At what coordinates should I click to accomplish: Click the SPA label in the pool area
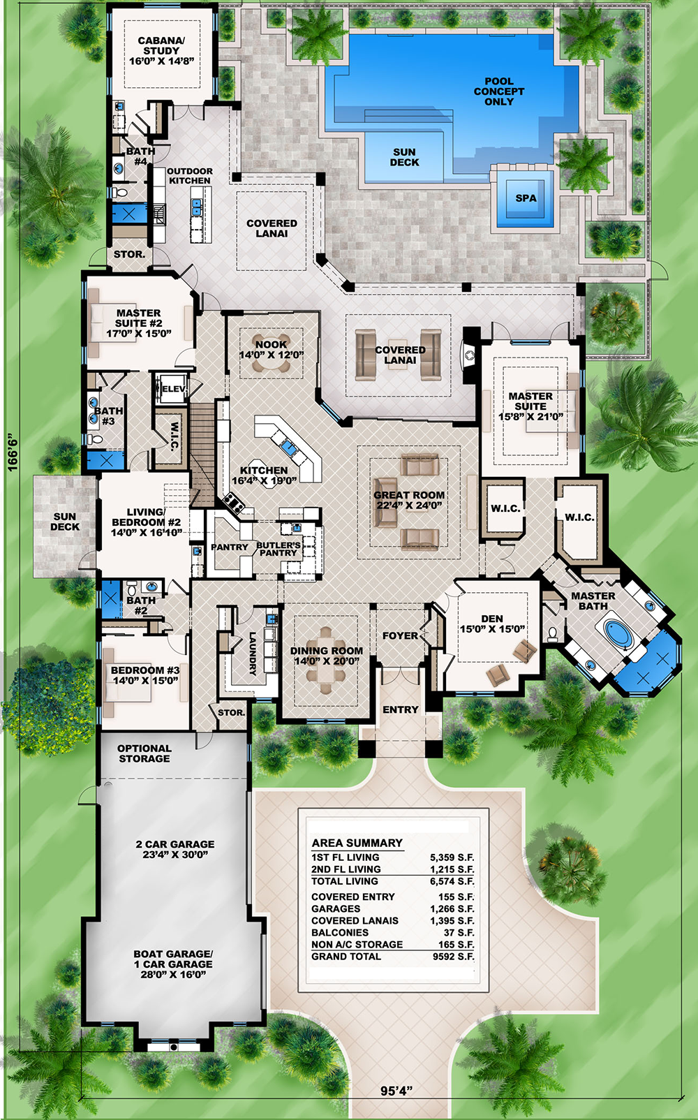(526, 198)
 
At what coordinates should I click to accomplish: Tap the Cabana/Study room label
(161, 51)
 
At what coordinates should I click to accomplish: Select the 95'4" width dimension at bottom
(396, 1091)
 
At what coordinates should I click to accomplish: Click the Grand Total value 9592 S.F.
(453, 957)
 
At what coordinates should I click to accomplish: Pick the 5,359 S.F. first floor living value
(452, 857)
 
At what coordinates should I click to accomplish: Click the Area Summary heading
(357, 843)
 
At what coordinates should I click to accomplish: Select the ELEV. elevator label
(173, 389)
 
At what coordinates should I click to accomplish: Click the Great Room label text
(409, 500)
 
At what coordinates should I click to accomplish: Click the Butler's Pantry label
(279, 549)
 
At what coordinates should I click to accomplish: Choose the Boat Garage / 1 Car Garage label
(173, 964)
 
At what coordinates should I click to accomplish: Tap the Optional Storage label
(144, 753)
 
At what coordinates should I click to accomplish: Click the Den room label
(492, 624)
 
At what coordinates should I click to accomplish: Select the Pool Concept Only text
(498, 91)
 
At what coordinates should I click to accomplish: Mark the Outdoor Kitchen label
(189, 176)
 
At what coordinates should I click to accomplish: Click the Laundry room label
(253, 654)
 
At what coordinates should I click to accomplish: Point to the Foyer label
(400, 636)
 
